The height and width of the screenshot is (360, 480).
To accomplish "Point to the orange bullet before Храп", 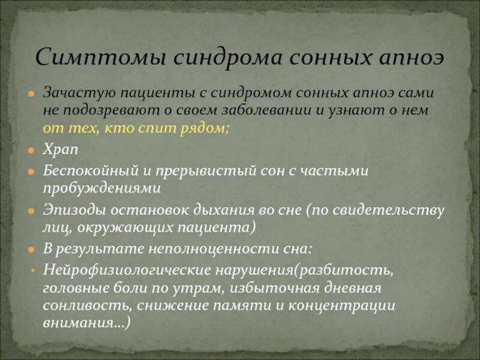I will [x=31, y=149].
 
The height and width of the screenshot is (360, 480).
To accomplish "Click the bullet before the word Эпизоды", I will [x=31, y=211].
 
